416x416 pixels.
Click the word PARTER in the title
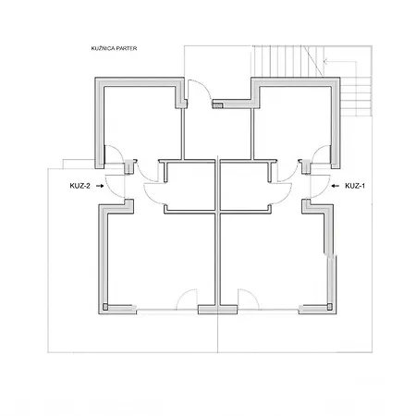point(126,48)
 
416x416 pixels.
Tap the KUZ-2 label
point(80,186)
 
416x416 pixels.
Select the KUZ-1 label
point(355,186)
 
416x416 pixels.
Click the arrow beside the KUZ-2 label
point(100,186)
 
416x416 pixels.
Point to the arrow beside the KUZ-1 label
point(336,186)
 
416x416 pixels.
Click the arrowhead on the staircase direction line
point(324,62)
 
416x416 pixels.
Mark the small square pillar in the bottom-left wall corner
point(105,307)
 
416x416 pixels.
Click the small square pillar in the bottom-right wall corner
point(330,307)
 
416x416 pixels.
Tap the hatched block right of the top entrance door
point(217,105)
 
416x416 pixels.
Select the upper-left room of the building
point(141,123)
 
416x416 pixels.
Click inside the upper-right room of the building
point(293,123)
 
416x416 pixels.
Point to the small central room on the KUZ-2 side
point(190,187)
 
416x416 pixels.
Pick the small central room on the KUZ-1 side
point(245,187)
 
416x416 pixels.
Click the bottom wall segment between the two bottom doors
point(217,310)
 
